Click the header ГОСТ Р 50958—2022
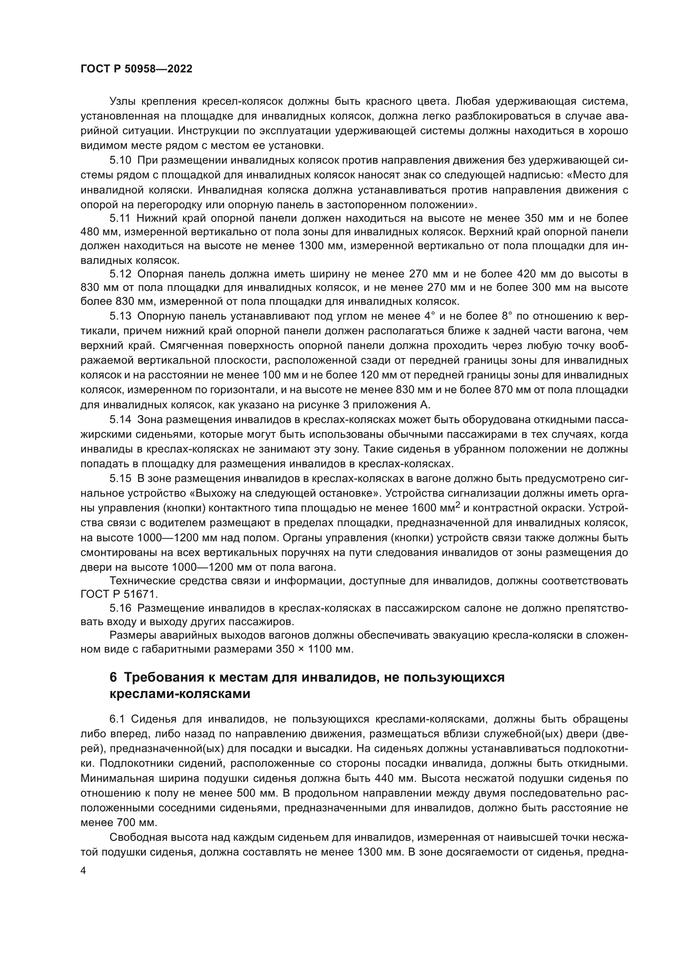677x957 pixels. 136,69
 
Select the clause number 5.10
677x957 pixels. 120,160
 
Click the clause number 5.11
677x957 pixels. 120,218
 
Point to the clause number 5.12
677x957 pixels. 120,274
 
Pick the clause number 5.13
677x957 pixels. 120,316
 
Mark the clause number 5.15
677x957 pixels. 120,479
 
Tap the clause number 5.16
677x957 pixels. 120,608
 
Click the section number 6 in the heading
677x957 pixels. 113,677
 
